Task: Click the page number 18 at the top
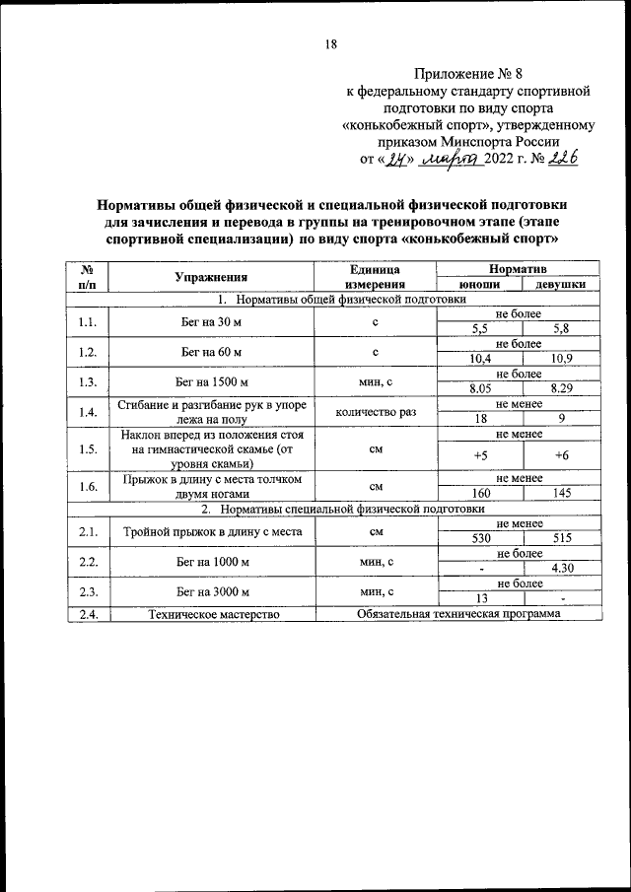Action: [x=331, y=43]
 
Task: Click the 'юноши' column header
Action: [x=480, y=284]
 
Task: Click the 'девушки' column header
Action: [x=560, y=284]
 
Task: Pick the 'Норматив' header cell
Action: [x=520, y=268]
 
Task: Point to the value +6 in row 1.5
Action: [x=561, y=454]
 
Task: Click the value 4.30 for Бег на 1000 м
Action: [x=561, y=568]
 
